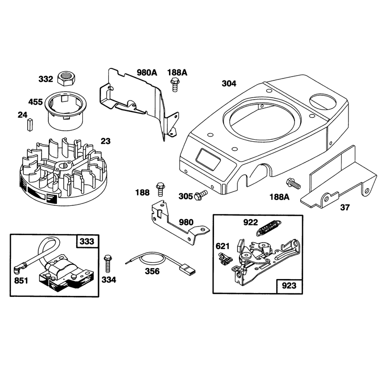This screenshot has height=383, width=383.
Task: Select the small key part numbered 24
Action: pyautogui.click(x=30, y=124)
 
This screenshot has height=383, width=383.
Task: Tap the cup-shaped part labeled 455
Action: pyautogui.click(x=65, y=111)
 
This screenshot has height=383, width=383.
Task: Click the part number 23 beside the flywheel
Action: pyautogui.click(x=105, y=141)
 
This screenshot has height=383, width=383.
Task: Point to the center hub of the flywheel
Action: pyautogui.click(x=64, y=166)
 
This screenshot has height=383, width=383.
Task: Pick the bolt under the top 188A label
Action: pyautogui.click(x=174, y=84)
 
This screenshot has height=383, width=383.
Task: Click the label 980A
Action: pyautogui.click(x=147, y=73)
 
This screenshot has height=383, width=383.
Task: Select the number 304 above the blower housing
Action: pyautogui.click(x=229, y=83)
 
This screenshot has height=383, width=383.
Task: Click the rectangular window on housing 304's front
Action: pyautogui.click(x=208, y=159)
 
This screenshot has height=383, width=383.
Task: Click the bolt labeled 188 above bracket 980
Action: pyautogui.click(x=160, y=189)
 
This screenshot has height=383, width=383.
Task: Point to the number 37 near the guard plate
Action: pyautogui.click(x=345, y=207)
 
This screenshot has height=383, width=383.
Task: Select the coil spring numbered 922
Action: pyautogui.click(x=269, y=227)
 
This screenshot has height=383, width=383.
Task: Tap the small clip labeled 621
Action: pyautogui.click(x=224, y=259)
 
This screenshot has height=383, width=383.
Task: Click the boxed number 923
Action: pyautogui.click(x=289, y=285)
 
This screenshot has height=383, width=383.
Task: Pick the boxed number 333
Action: pyautogui.click(x=87, y=241)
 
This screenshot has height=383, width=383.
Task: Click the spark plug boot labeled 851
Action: pyautogui.click(x=20, y=268)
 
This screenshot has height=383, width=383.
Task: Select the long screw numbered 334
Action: pyautogui.click(x=107, y=264)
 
